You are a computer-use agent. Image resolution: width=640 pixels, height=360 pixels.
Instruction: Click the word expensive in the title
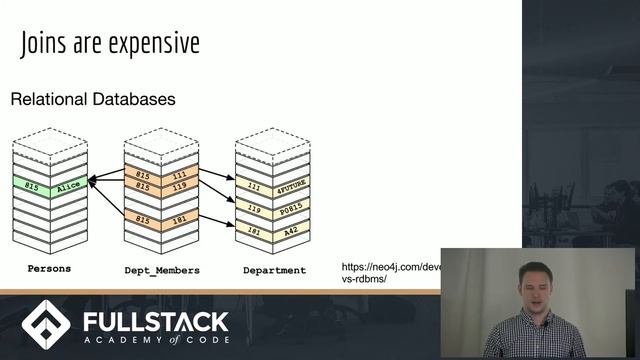155,45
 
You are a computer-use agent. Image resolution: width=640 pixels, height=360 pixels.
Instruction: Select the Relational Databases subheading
92,100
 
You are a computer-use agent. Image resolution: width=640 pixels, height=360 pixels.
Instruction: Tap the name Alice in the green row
67,186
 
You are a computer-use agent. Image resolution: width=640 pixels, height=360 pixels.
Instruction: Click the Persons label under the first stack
49,270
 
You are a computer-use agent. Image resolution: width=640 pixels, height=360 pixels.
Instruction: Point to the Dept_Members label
161,270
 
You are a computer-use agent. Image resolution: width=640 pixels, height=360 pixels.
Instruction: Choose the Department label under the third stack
274,270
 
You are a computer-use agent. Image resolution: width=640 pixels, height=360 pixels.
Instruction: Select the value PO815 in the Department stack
291,209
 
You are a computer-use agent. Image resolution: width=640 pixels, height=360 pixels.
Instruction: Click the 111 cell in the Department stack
254,186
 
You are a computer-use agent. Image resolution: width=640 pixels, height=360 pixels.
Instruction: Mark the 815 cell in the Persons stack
32,187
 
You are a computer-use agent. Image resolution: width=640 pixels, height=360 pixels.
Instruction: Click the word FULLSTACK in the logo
154,322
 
